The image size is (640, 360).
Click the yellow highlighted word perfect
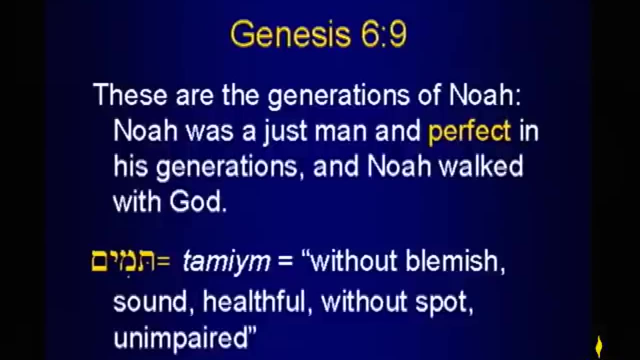[469, 131]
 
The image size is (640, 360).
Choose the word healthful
[253, 302]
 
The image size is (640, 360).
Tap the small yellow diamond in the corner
[599, 346]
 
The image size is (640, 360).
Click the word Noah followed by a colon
[484, 95]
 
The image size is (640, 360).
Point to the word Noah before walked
[399, 166]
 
